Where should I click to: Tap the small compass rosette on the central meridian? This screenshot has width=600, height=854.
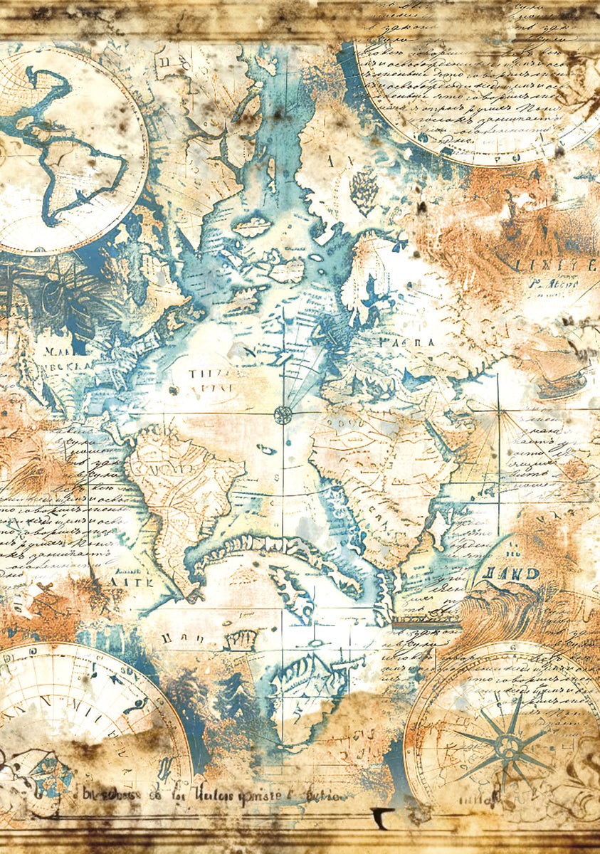click(283, 414)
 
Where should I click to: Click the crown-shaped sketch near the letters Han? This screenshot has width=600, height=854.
click(240, 640)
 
